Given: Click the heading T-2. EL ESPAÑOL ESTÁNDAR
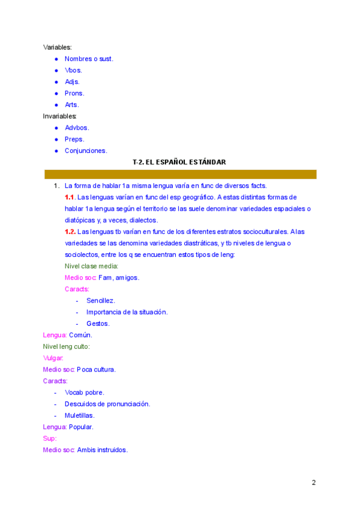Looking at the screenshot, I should pyautogui.click(x=179, y=162).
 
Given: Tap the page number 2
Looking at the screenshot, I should pyautogui.click(x=313, y=483).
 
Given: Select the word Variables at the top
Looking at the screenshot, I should pyautogui.click(x=57, y=47).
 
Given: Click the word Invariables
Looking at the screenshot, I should pyautogui.click(x=59, y=116).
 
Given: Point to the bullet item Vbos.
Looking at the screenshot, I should pyautogui.click(x=73, y=70).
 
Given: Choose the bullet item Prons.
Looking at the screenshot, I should pyautogui.click(x=74, y=93).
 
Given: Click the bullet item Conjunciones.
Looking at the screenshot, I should pyautogui.click(x=86, y=151).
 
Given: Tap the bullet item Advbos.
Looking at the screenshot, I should pyautogui.click(x=77, y=127).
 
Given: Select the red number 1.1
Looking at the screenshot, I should pyautogui.click(x=70, y=197).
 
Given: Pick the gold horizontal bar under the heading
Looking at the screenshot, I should pyautogui.click(x=180, y=174).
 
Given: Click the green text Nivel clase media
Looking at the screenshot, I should pyautogui.click(x=91, y=266).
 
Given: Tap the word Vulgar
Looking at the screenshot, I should pyautogui.click(x=53, y=358).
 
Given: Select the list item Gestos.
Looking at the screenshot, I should pyautogui.click(x=98, y=324).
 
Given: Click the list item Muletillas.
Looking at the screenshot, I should pyautogui.click(x=79, y=415).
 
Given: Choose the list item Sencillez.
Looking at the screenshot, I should pyautogui.click(x=100, y=300).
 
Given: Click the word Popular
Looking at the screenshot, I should pyautogui.click(x=81, y=427).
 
